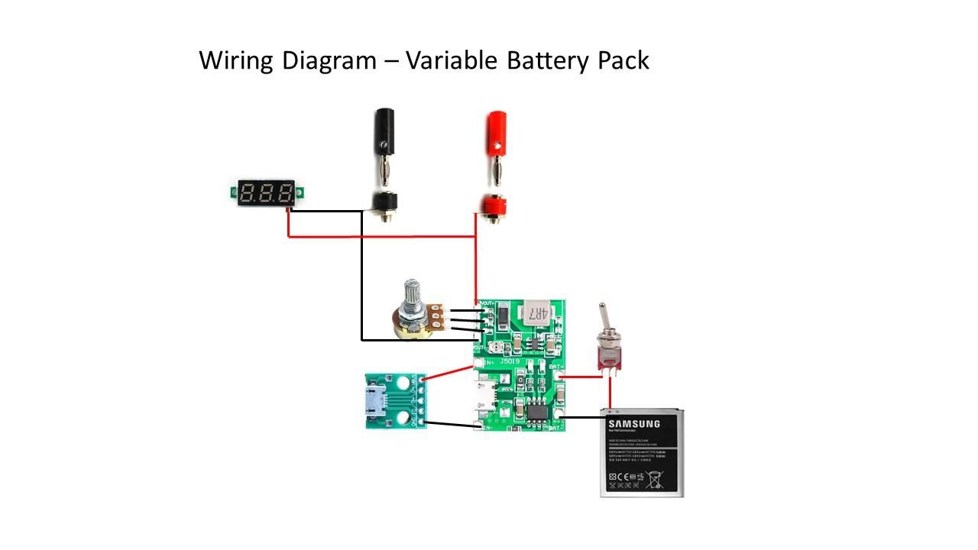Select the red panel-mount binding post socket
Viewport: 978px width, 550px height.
pyautogui.click(x=495, y=205)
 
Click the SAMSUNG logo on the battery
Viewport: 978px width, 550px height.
pyautogui.click(x=633, y=425)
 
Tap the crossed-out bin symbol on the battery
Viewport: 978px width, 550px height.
pyautogui.click(x=654, y=480)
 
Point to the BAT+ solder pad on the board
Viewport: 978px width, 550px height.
pyautogui.click(x=562, y=375)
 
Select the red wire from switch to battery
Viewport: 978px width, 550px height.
pyautogui.click(x=610, y=393)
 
